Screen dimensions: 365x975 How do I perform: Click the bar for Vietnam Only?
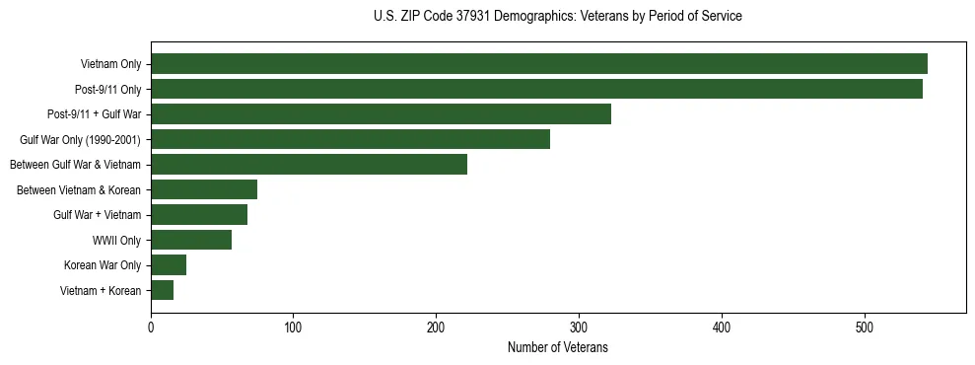tap(538, 64)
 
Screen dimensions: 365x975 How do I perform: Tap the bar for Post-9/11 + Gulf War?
tap(381, 114)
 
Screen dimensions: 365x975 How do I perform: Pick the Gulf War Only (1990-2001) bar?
tap(350, 139)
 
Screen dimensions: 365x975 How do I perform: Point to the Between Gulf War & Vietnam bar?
tap(309, 165)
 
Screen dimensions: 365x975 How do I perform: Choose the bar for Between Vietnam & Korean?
tap(204, 189)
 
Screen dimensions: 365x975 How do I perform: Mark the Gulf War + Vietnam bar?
tap(199, 215)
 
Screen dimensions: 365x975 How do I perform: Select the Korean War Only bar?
tap(169, 265)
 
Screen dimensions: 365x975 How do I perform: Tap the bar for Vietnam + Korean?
tap(163, 290)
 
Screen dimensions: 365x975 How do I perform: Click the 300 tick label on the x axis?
tap(579, 328)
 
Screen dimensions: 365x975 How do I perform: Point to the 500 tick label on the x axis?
tap(865, 328)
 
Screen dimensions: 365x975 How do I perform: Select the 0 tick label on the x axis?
tap(151, 328)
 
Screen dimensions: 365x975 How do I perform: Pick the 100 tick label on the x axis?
tap(293, 328)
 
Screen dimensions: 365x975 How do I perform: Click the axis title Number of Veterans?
tap(557, 348)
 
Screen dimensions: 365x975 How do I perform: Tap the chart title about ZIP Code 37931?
tap(557, 17)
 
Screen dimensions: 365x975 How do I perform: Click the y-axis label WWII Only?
tap(116, 241)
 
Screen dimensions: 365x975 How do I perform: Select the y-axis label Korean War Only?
tap(103, 265)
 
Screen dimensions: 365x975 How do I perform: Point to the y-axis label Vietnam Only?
tap(110, 65)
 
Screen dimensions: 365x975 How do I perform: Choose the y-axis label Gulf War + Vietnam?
tap(97, 215)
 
